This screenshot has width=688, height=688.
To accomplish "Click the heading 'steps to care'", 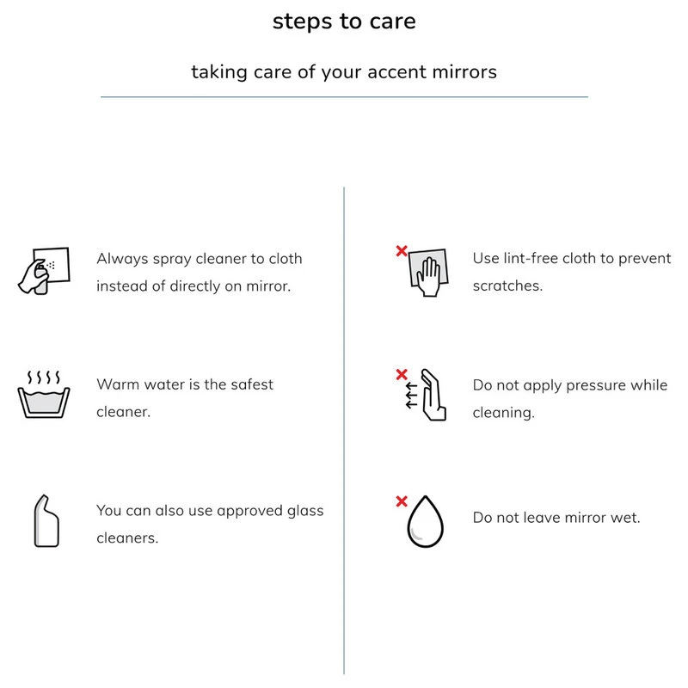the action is [344, 21].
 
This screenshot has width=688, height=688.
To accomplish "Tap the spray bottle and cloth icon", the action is [44, 271].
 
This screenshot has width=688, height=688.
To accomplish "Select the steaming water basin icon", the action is [44, 394].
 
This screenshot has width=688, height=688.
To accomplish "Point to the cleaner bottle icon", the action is [46, 521].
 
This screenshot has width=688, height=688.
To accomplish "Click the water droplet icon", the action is [425, 522].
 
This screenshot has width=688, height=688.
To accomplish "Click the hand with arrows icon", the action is [426, 395].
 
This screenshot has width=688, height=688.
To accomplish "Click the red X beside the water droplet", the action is [402, 501].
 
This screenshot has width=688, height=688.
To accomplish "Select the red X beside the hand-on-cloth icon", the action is [402, 251].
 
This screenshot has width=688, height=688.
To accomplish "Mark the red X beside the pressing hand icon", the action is [402, 374].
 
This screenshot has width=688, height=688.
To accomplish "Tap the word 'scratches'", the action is [506, 286].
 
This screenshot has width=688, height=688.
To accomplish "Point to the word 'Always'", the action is [122, 259].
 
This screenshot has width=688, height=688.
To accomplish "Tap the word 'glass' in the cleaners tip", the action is [305, 511].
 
